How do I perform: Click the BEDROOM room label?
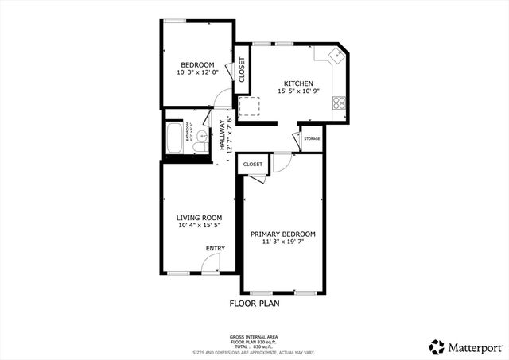pos(196,64)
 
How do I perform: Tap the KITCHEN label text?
pos(299,83)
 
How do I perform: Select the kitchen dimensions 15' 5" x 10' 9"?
pos(299,91)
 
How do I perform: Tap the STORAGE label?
pos(312,139)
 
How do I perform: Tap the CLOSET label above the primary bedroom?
pos(252,164)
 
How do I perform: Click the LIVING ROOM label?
pos(199,218)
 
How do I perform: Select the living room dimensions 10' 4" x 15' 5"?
pos(199,226)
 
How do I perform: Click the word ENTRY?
pos(216,248)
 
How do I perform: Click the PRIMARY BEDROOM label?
pos(283,234)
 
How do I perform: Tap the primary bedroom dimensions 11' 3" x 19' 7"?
pos(283,242)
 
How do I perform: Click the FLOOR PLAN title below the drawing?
pos(254,303)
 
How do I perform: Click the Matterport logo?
pos(466,346)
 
